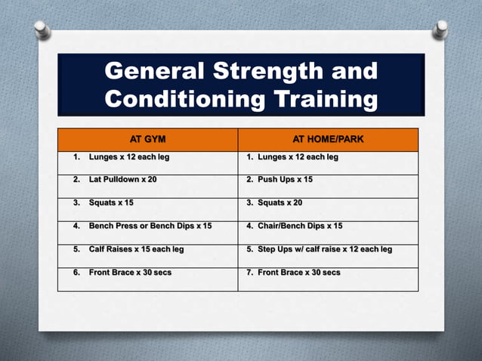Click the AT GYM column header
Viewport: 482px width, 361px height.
pos(148,140)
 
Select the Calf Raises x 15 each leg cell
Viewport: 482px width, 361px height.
pos(136,249)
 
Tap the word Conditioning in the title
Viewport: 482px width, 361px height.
pos(186,99)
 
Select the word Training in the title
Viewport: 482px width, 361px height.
pos(326,99)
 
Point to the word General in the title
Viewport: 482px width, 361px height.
pos(154,73)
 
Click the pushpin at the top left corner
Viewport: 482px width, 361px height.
pos(42,29)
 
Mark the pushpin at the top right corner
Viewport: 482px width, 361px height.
pos(440,29)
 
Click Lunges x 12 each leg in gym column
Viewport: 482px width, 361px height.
pos(132,157)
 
